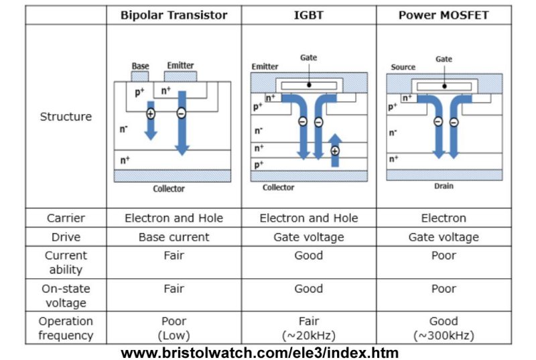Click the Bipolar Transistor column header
174,15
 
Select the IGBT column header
308,15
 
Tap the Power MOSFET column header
444,15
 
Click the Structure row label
66,117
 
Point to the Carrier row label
66,218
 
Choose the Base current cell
174,237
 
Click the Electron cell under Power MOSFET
444,218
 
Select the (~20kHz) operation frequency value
308,335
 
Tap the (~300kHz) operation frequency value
444,335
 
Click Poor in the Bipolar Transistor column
174,321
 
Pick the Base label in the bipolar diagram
140,66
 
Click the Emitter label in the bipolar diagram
180,65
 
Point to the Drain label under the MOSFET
444,186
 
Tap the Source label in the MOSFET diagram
402,67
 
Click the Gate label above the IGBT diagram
308,58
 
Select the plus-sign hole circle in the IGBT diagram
335,151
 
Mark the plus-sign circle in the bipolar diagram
150,114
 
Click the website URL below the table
259,352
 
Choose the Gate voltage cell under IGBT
308,237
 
